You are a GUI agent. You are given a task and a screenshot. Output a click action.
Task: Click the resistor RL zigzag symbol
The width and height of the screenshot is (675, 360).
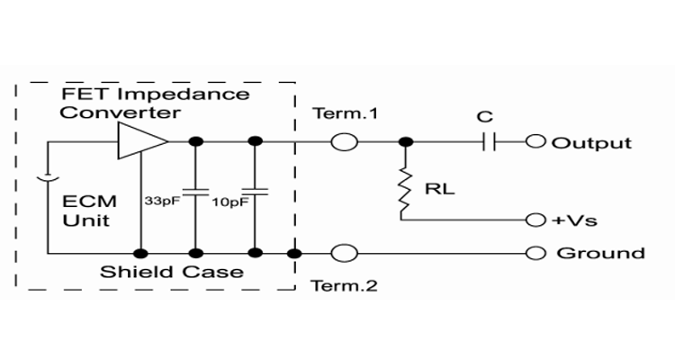(x=406, y=191)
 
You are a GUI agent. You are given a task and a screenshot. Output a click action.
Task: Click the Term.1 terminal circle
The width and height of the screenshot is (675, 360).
(x=345, y=142)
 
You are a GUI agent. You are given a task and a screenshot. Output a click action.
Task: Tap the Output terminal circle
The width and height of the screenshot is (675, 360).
(x=536, y=142)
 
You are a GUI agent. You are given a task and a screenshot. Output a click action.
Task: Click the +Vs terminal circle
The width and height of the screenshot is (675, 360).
(x=536, y=220)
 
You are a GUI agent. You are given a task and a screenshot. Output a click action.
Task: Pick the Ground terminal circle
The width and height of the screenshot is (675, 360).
(x=536, y=253)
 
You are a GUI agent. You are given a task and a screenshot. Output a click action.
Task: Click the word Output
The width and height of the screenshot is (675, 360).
(x=591, y=143)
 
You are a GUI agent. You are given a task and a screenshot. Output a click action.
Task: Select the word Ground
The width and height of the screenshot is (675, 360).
(x=600, y=253)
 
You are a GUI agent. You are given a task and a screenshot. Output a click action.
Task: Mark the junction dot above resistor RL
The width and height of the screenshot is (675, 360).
(x=406, y=142)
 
